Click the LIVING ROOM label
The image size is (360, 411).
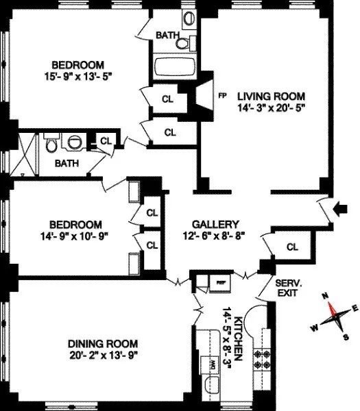[x=271, y=95]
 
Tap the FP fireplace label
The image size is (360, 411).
[x=221, y=96]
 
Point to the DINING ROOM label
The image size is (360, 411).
[x=104, y=343]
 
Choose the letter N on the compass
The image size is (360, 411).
[x=325, y=297]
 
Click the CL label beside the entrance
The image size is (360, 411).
[x=292, y=247]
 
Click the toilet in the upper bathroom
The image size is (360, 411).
[x=182, y=43]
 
